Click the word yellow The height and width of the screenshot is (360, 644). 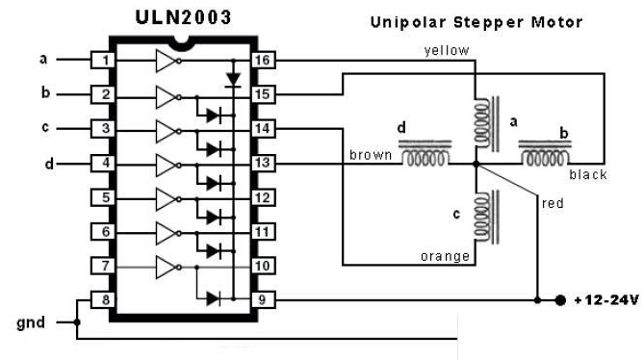coord(447,51)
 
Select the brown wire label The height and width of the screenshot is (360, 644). coord(371,154)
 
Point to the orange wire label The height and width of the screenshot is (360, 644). coord(445,256)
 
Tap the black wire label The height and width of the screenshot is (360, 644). coord(587,174)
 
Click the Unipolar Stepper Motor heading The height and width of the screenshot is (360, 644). coord(477,20)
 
